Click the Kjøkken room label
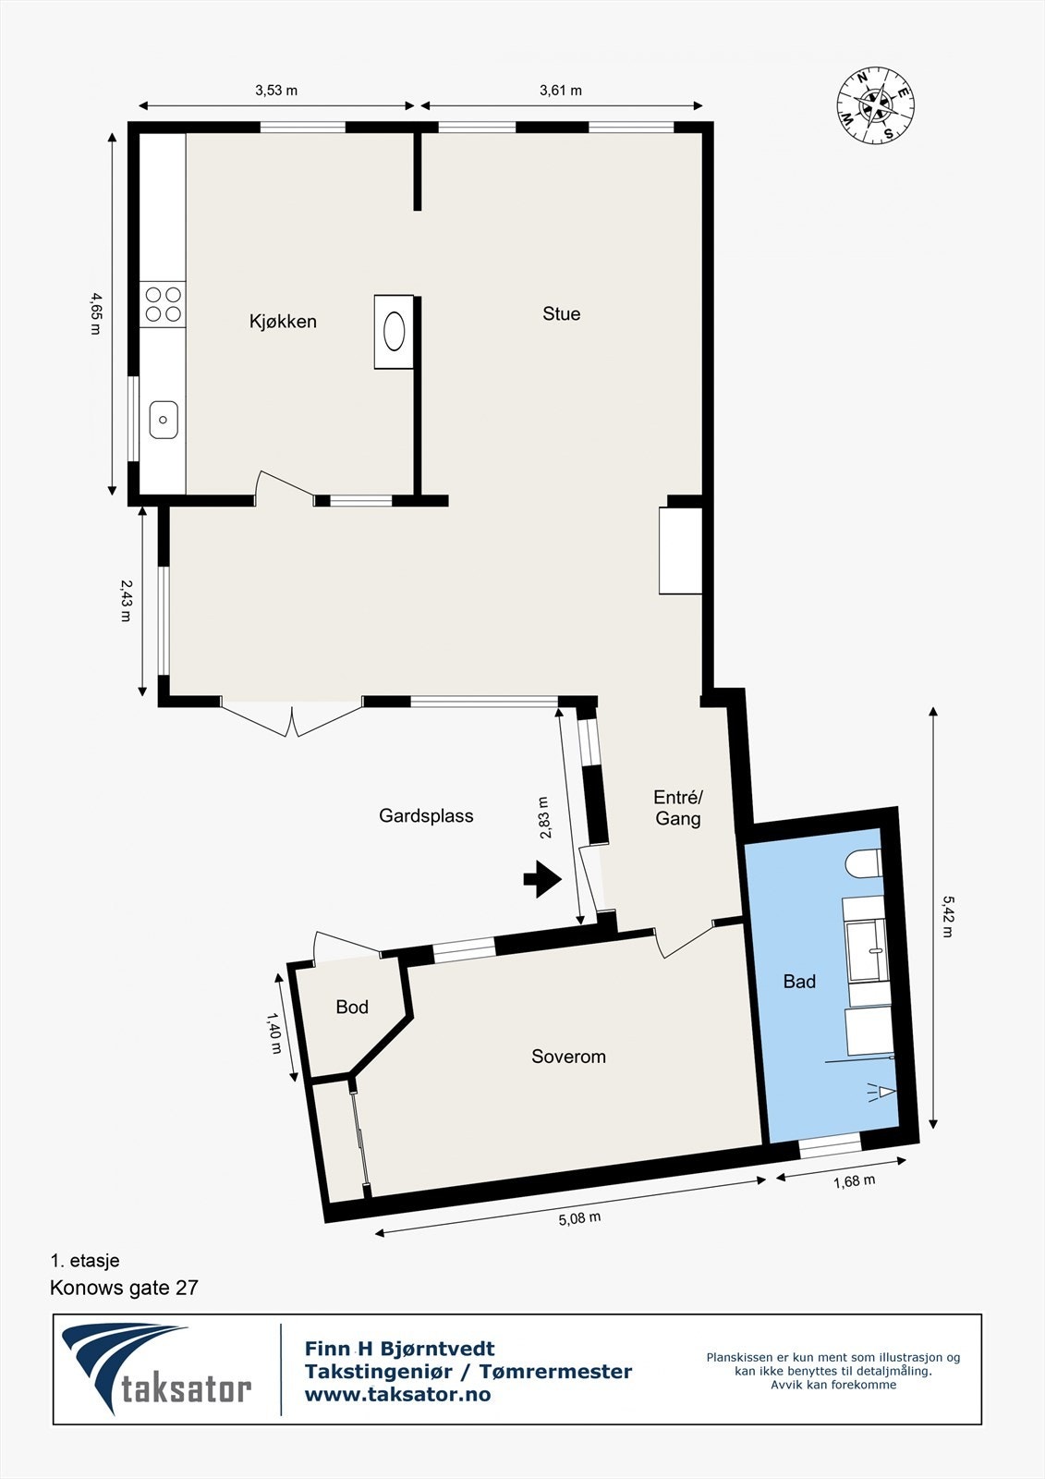click(x=283, y=322)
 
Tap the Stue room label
click(x=561, y=314)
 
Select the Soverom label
click(x=568, y=1057)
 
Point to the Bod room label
click(x=352, y=1008)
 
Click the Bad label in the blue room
click(x=799, y=982)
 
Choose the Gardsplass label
click(x=426, y=816)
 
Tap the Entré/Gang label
click(x=678, y=808)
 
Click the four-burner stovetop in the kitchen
click(x=163, y=304)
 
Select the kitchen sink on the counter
click(x=164, y=421)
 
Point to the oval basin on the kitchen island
click(x=395, y=331)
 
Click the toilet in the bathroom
click(x=862, y=863)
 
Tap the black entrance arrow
click(x=542, y=879)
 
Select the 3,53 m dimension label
click(x=276, y=91)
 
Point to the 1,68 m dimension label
click(x=854, y=1180)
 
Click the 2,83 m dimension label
click(x=545, y=817)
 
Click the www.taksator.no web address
click(x=397, y=1395)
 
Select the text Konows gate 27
click(x=124, y=1288)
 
